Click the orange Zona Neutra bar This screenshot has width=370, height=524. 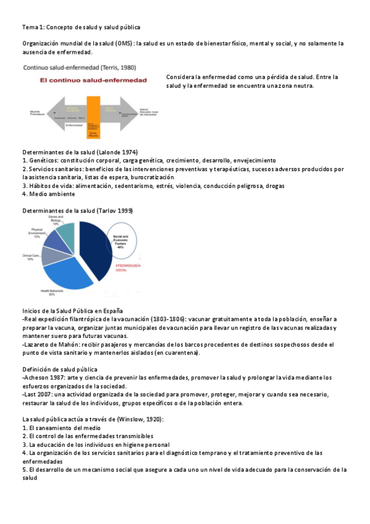coord(94,112)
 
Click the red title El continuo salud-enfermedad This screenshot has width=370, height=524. coord(85,80)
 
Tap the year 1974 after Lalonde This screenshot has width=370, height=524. coord(128,152)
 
